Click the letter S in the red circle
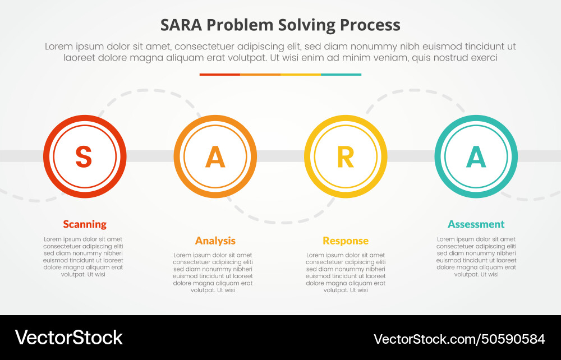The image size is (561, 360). (84, 156)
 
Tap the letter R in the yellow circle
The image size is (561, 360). (346, 156)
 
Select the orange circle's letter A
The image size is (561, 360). (215, 156)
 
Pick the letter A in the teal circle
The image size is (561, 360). (476, 156)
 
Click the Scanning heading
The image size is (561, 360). (85, 224)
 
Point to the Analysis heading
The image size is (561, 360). (215, 241)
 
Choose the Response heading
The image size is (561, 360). (346, 241)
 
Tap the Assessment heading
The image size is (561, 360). (476, 224)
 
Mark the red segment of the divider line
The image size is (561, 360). (220, 74)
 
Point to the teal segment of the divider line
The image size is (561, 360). (341, 74)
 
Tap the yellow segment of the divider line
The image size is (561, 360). (301, 74)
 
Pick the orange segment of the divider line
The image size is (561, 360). (260, 74)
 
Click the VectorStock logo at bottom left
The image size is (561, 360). (68, 338)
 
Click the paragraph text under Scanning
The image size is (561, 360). (84, 257)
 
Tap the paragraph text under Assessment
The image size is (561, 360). (476, 257)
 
